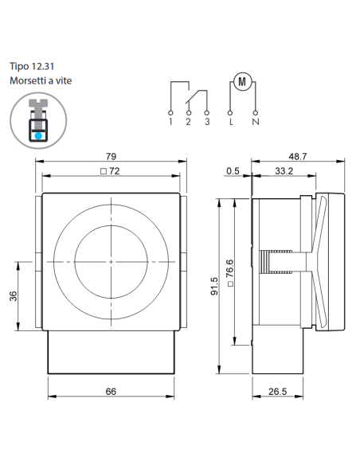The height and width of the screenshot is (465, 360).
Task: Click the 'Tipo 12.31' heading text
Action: (x=32, y=66)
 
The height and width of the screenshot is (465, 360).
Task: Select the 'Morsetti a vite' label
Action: (x=41, y=80)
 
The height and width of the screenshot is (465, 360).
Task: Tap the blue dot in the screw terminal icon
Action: (x=38, y=136)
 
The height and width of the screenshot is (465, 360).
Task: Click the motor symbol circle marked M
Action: (x=242, y=81)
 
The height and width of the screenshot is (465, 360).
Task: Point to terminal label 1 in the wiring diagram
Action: (x=170, y=122)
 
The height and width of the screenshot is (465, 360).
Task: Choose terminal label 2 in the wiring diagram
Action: (x=188, y=122)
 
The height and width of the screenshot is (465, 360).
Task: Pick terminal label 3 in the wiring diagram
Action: (x=207, y=122)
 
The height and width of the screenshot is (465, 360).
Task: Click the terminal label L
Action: (x=231, y=122)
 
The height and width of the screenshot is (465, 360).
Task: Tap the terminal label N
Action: (x=256, y=122)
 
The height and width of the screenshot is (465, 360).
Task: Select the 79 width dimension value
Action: (x=111, y=156)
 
